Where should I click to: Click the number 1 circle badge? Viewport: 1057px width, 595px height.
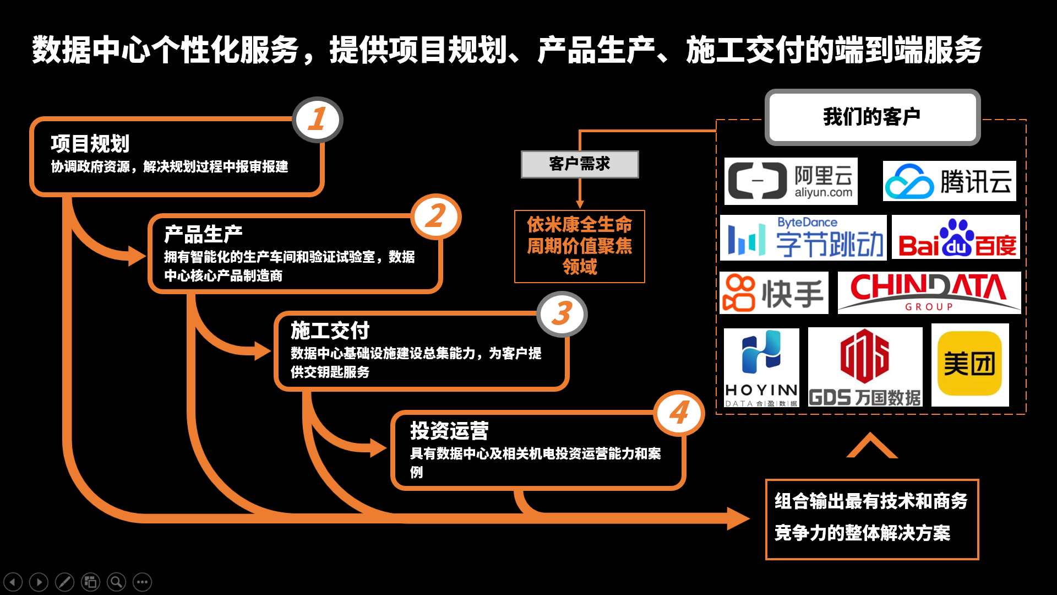318,120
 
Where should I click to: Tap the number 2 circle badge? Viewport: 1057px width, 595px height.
436,216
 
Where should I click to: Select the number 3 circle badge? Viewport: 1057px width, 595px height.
562,313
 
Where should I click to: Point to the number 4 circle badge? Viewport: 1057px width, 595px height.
679,413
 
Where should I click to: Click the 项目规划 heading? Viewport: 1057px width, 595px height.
90,144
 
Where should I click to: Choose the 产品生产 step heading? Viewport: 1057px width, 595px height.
203,234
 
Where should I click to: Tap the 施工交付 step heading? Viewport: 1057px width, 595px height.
330,331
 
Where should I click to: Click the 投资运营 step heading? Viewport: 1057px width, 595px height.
449,431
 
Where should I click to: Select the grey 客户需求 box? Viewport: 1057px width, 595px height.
580,164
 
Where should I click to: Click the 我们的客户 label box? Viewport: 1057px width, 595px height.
872,117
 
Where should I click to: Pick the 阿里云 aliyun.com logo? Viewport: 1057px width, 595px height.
791,181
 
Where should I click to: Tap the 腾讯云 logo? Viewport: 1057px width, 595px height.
949,181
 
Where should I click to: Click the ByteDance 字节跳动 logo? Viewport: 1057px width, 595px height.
803,238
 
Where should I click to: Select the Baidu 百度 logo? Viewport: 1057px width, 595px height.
956,238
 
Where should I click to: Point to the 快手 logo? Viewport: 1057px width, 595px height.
773,293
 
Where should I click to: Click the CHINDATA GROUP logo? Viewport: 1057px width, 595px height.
929,293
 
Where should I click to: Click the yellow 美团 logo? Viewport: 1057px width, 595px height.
969,364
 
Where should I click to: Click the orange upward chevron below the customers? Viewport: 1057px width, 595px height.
871,446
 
